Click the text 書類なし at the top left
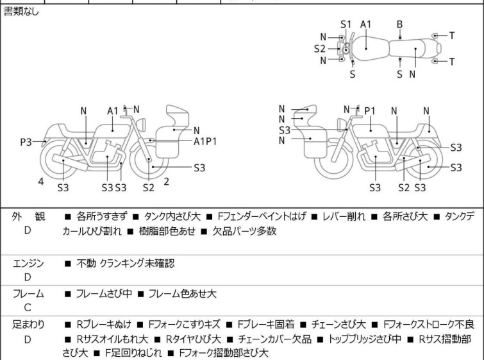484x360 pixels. pyautogui.click(x=21, y=12)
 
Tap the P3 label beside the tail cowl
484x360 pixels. pyautogui.click(x=26, y=142)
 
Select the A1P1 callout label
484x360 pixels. pyautogui.click(x=205, y=141)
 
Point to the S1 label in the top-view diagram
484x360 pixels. pyautogui.click(x=346, y=24)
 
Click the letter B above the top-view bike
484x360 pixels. pyautogui.click(x=399, y=24)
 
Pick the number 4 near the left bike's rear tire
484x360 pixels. pyautogui.click(x=41, y=182)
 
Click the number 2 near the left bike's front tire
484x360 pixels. pyautogui.click(x=167, y=182)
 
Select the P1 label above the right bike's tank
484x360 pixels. pyautogui.click(x=370, y=111)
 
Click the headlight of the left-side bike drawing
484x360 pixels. pyautogui.click(x=141, y=125)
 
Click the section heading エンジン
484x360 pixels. pyautogui.click(x=28, y=264)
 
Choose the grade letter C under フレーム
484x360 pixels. pyautogui.click(x=28, y=307)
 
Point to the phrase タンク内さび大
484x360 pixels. pyautogui.click(x=172, y=216)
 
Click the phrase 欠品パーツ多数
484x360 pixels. pyautogui.click(x=244, y=231)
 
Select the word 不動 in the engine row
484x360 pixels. pyautogui.click(x=86, y=263)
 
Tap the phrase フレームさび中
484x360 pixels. pyautogui.click(x=104, y=293)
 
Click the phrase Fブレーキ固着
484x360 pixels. pyautogui.click(x=266, y=324)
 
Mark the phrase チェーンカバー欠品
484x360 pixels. pyautogui.click(x=275, y=339)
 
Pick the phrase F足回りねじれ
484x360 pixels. pyautogui.click(x=133, y=352)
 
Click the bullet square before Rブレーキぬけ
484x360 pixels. pyautogui.click(x=67, y=325)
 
